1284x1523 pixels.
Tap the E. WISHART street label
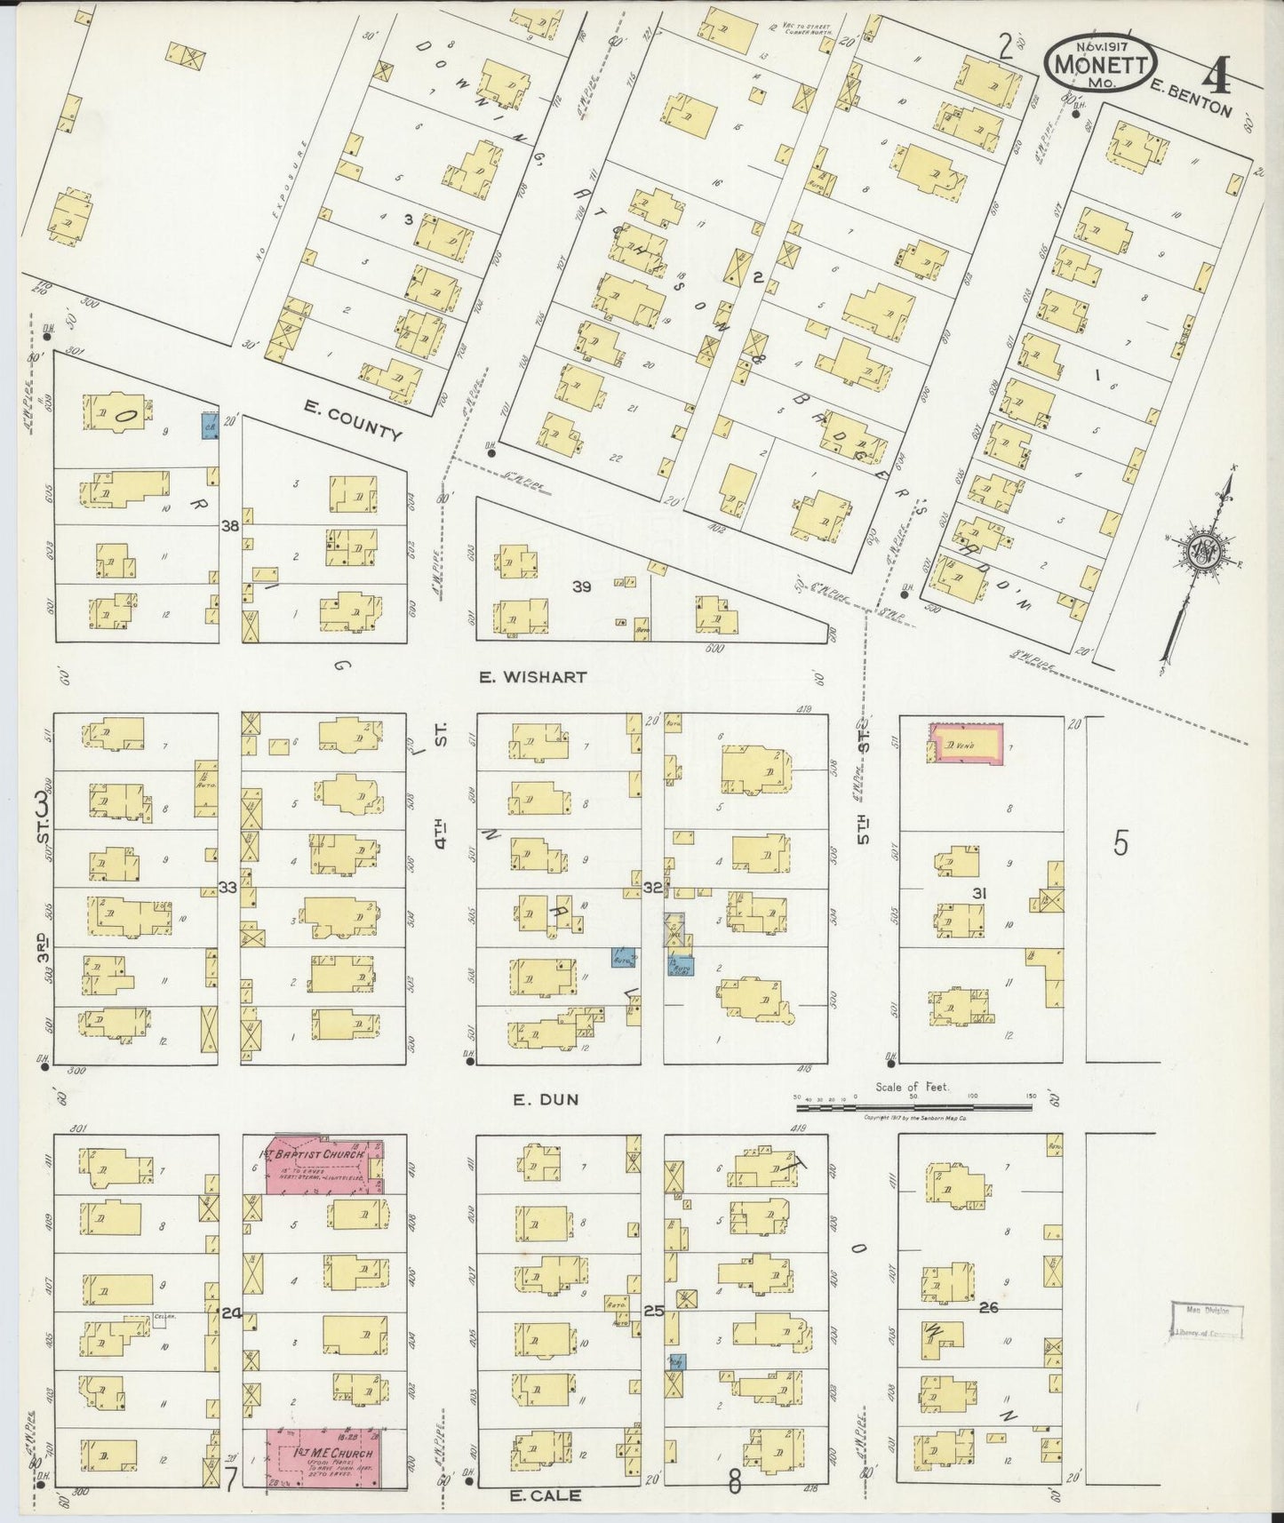532,677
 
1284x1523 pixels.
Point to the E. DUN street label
546,1099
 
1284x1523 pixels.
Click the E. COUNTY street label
351,420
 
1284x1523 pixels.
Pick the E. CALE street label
545,1495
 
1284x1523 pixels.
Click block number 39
581,586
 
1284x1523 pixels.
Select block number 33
228,887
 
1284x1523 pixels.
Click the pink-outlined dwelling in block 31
967,744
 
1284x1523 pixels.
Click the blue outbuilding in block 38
209,426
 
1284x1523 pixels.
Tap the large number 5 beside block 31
1121,842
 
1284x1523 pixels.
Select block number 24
232,1312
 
